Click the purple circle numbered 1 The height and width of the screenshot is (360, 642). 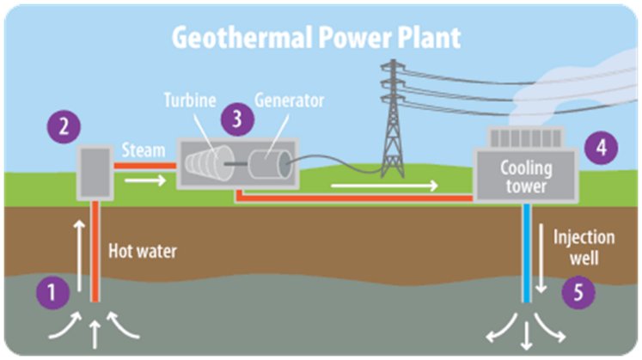(52, 292)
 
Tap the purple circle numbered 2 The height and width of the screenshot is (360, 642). (64, 126)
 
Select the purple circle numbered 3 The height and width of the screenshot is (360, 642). (237, 119)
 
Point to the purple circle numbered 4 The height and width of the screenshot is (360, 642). (601, 148)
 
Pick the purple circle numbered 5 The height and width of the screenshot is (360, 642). (578, 292)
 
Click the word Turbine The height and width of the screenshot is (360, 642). (190, 101)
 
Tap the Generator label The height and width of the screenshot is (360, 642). (290, 101)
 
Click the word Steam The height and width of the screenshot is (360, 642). (144, 150)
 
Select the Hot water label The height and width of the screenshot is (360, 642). (143, 251)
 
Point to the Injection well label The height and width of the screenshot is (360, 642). (584, 247)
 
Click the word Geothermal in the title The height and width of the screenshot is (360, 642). (242, 38)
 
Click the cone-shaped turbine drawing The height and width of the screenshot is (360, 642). (210, 163)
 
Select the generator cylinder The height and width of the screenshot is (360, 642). (270, 164)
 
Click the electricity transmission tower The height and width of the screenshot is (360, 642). (393, 119)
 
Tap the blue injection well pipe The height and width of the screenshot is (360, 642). (527, 253)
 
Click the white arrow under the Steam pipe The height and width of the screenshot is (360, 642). (145, 180)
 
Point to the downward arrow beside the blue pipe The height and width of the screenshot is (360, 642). (541, 258)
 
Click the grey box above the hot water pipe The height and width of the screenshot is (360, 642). (95, 173)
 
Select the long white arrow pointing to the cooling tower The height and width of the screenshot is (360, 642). (384, 186)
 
